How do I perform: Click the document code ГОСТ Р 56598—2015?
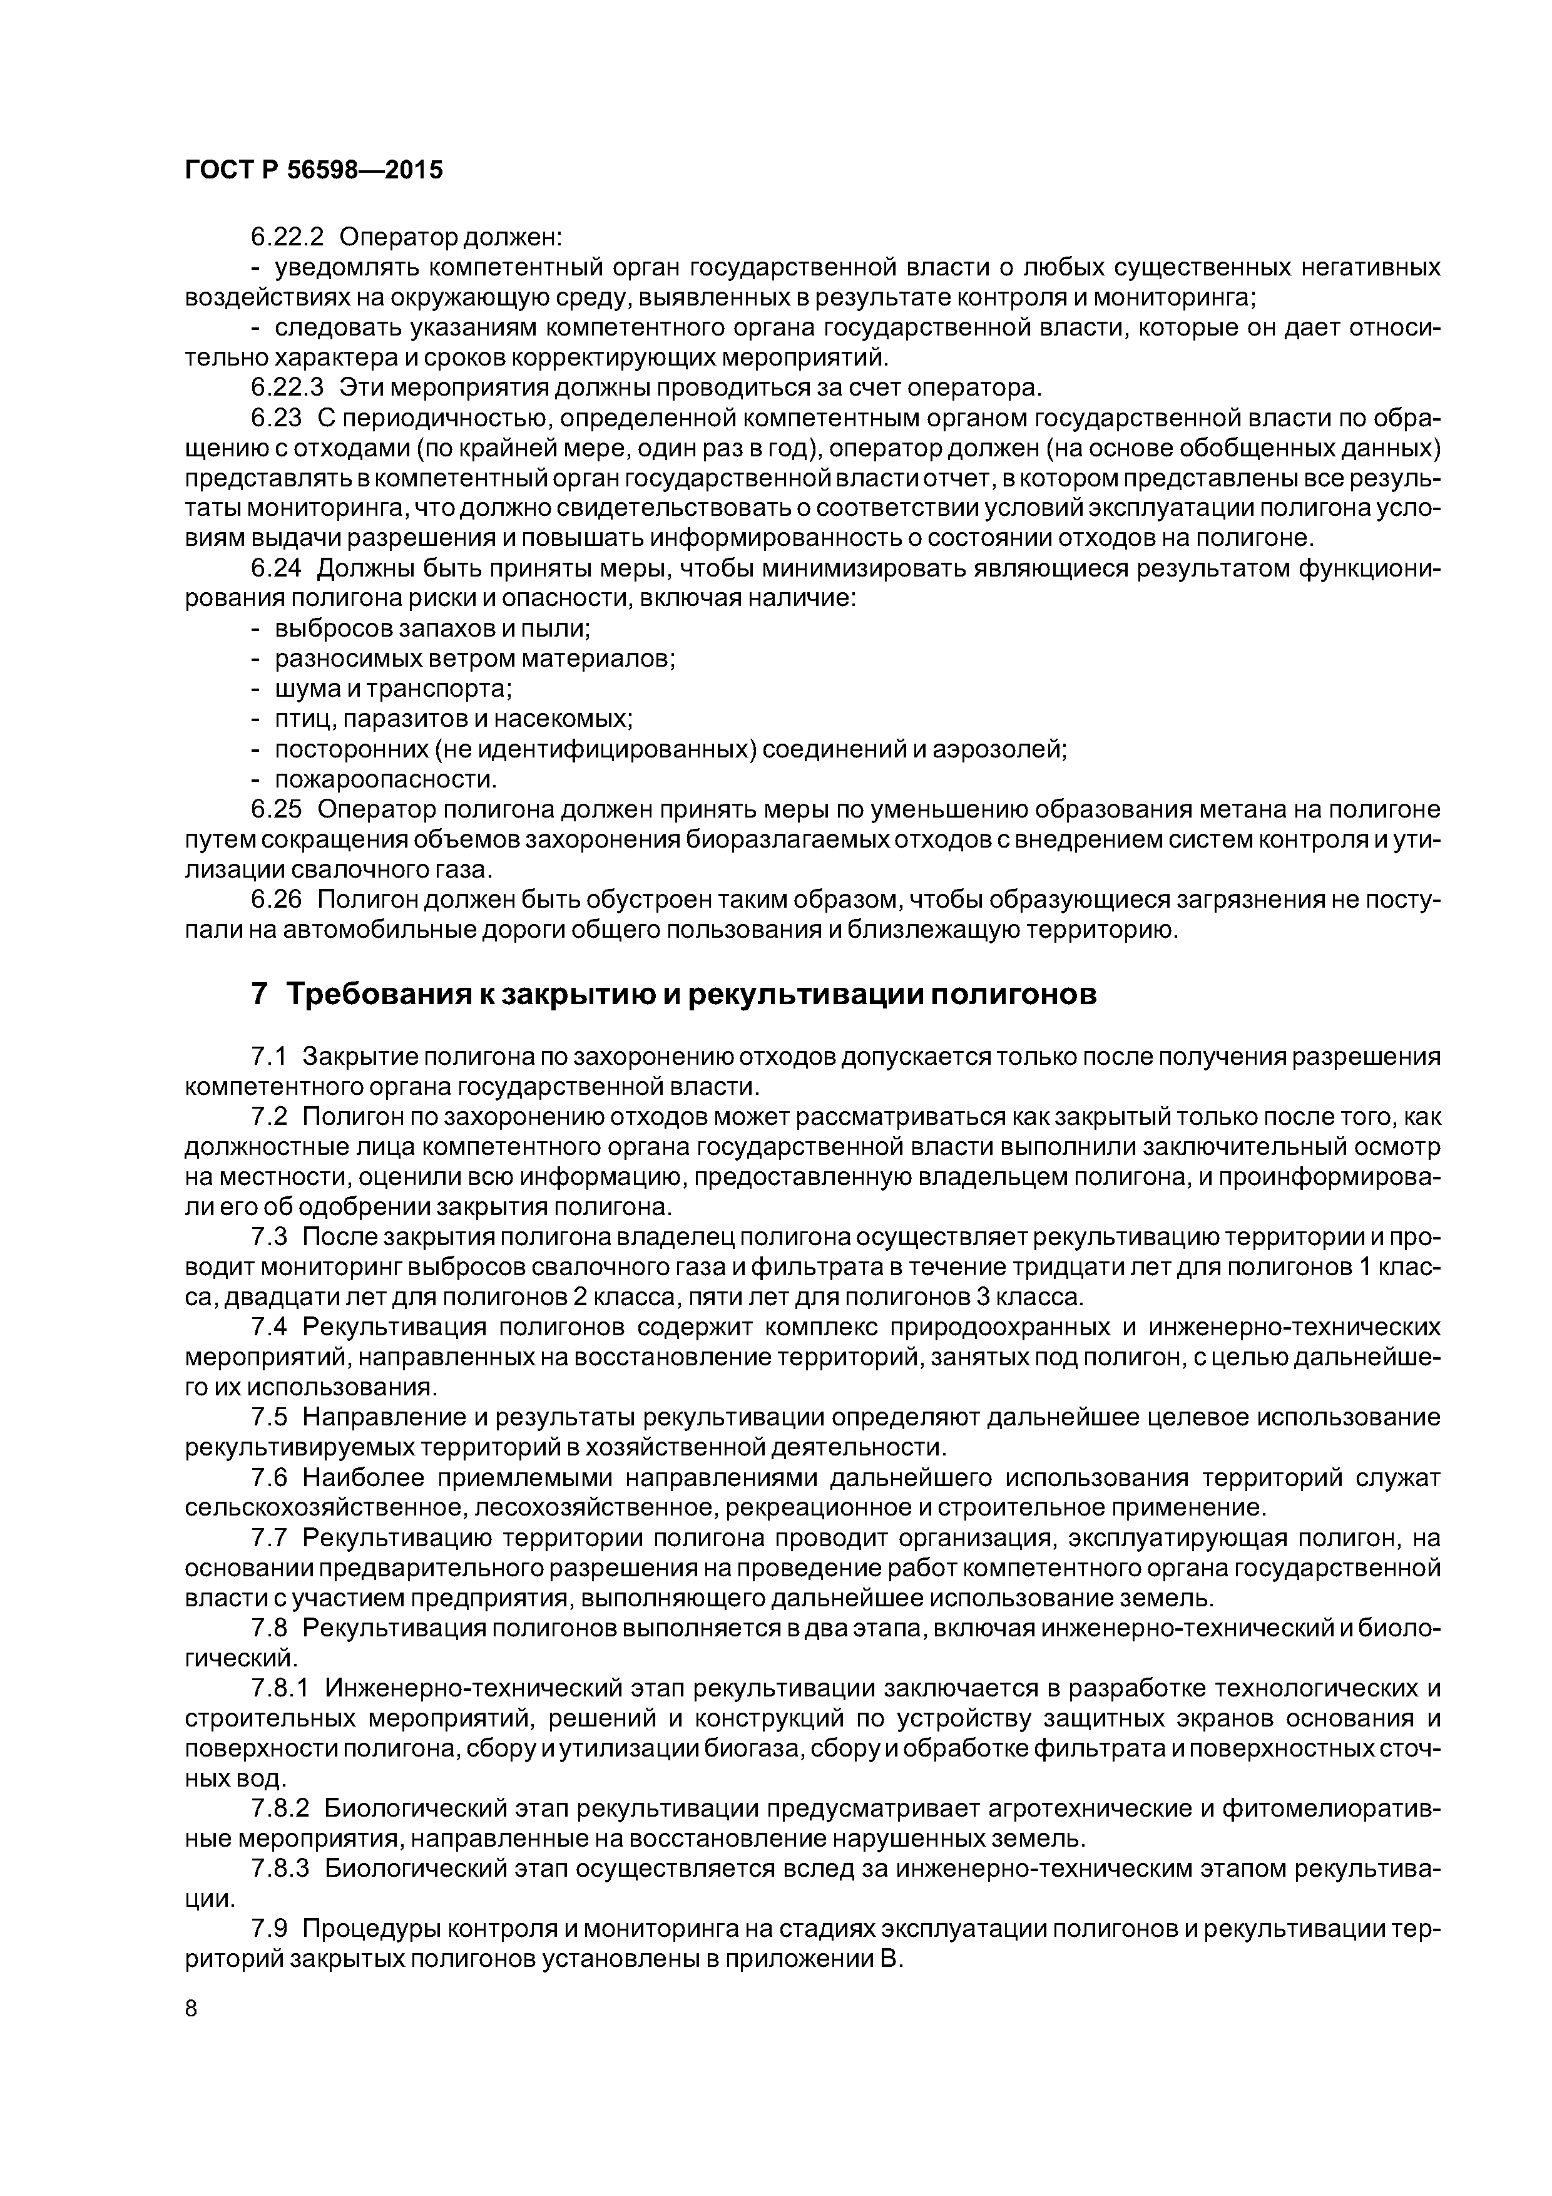(x=314, y=170)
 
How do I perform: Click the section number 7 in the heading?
(x=259, y=995)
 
